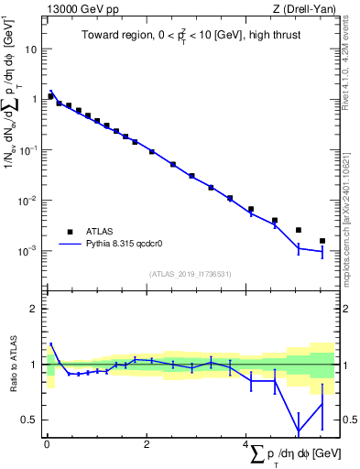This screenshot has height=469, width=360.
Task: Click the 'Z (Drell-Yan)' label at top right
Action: click(x=304, y=9)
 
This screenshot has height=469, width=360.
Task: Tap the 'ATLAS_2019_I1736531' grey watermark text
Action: click(x=191, y=274)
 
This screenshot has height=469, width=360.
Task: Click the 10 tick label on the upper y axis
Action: click(x=29, y=49)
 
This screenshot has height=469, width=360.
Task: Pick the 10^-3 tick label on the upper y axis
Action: click(x=27, y=250)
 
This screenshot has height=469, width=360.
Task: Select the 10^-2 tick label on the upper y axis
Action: click(x=27, y=200)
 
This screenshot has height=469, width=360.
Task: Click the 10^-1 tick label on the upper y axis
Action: click(x=27, y=149)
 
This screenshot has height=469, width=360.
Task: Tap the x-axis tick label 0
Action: click(x=47, y=443)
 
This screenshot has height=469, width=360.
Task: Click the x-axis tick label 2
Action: click(x=147, y=443)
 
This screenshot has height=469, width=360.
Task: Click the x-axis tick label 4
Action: click(x=245, y=443)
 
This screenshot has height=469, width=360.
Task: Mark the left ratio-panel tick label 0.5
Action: click(x=30, y=420)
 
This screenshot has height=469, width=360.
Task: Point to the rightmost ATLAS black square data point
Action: click(x=322, y=241)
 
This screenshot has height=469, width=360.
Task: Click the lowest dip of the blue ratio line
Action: click(x=299, y=431)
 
